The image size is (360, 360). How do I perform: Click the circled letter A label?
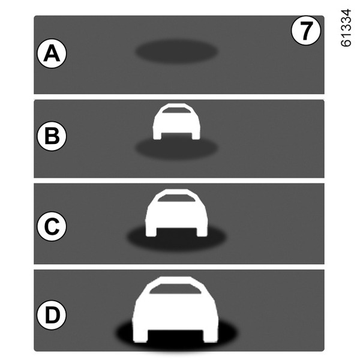tap(52, 53)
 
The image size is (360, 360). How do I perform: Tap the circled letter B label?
tap(52, 136)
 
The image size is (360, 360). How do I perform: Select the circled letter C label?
tap(52, 226)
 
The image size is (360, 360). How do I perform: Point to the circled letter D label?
tap(52, 315)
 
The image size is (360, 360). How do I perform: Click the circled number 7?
tap(306, 31)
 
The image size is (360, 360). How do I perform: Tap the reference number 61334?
tap(346, 28)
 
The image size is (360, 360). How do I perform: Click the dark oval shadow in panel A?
tap(176, 51)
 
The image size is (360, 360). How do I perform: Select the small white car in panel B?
tap(176, 121)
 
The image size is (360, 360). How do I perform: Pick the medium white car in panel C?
tap(176, 213)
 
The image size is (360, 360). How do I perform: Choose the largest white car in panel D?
tap(175, 309)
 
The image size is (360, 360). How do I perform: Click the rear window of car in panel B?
tap(176, 110)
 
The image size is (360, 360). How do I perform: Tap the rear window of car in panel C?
tap(176, 198)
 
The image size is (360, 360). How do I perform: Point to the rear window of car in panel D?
tap(175, 289)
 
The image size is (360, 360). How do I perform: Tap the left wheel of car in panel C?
tap(151, 232)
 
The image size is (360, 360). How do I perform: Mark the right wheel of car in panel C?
tap(202, 232)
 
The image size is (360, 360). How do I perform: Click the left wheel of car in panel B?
tap(157, 136)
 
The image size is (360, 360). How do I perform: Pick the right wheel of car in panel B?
tap(196, 136)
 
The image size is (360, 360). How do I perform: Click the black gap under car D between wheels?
tap(175, 337)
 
